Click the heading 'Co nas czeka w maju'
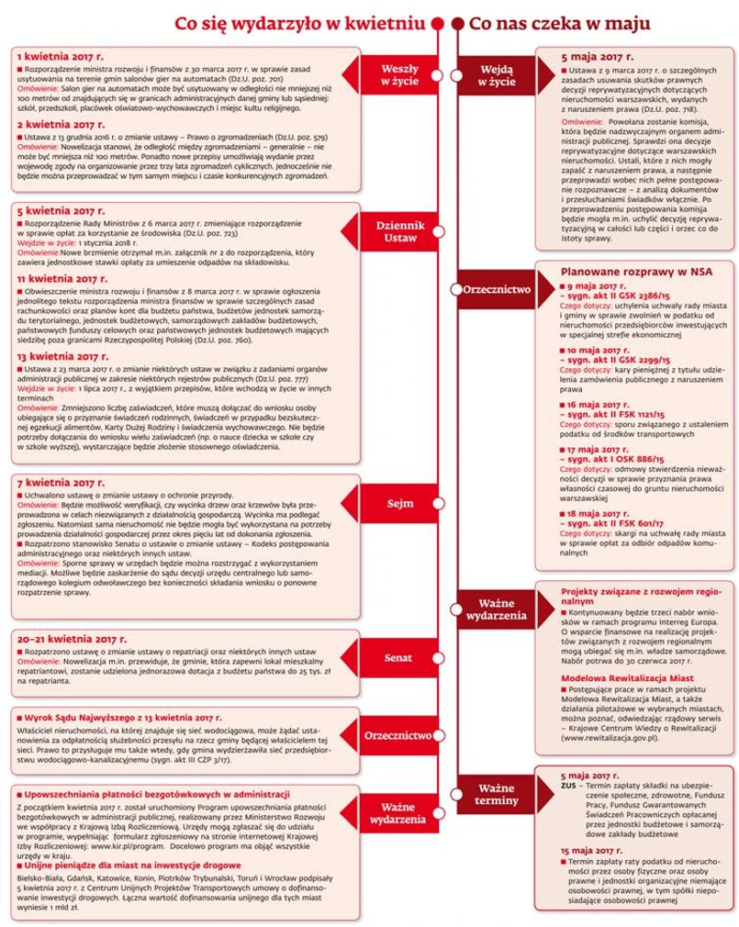pyautogui.click(x=559, y=22)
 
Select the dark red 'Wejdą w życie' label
pyautogui.click(x=496, y=74)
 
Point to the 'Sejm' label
pyautogui.click(x=399, y=503)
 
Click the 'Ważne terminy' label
pyautogui.click(x=496, y=795)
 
